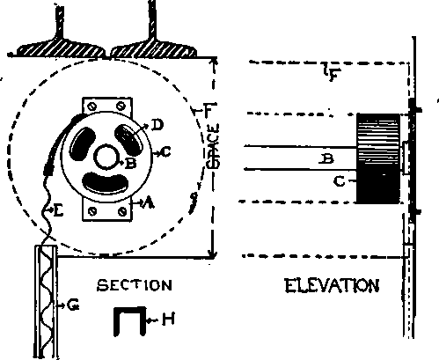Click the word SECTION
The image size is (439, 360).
click(135, 285)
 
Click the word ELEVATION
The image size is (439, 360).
click(332, 285)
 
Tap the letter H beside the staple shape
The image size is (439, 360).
click(168, 320)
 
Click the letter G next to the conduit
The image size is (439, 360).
click(73, 305)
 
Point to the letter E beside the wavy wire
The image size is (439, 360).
click(59, 210)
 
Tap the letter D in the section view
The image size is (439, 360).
click(157, 125)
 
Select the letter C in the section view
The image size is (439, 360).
click(166, 152)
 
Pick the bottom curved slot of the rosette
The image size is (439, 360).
click(106, 184)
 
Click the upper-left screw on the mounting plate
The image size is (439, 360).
click(92, 107)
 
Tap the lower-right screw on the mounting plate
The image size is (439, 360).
click(122, 211)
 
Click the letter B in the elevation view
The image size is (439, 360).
click(326, 158)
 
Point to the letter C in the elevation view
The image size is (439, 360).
click(340, 181)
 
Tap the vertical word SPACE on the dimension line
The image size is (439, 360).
click(213, 146)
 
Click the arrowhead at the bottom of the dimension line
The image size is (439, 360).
click(213, 254)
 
